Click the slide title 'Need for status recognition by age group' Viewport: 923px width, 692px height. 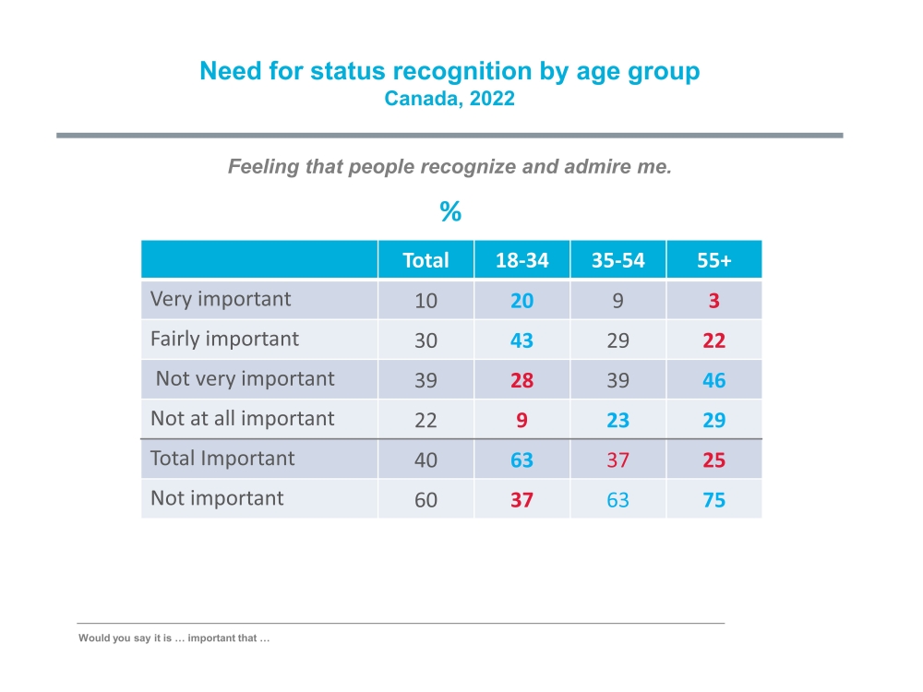click(450, 72)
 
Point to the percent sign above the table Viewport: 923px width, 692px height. click(450, 213)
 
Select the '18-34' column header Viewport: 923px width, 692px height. click(521, 260)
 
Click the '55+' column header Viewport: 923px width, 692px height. click(713, 260)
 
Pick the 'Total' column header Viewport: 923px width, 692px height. click(426, 260)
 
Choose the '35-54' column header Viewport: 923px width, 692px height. click(617, 260)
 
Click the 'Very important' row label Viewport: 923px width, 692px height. click(221, 299)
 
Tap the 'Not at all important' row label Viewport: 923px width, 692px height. click(242, 418)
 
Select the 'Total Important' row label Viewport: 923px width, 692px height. click(222, 459)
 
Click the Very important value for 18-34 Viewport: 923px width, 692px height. click(521, 301)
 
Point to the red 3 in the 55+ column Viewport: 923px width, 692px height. click(713, 301)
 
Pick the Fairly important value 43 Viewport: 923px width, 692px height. click(521, 340)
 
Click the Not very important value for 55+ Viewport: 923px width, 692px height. click(713, 380)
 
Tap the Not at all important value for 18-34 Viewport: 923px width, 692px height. click(521, 420)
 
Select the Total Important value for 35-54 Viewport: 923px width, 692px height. click(617, 459)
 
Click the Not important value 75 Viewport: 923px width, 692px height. click(713, 500)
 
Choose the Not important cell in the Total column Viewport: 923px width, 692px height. click(426, 500)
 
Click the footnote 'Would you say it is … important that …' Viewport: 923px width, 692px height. click(174, 638)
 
